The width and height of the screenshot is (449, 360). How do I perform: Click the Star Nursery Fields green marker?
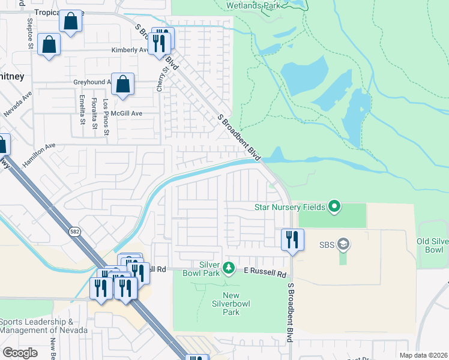click(334, 208)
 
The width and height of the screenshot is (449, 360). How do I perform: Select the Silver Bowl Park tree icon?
click(228, 267)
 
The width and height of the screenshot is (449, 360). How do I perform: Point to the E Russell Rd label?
click(265, 273)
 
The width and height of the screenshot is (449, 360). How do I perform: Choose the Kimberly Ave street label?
click(129, 50)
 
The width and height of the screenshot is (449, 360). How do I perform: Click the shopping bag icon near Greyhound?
click(122, 85)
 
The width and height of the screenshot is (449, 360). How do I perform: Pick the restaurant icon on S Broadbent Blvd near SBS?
click(292, 239)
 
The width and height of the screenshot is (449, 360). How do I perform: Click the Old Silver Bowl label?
click(433, 245)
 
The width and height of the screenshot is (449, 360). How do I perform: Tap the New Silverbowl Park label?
click(231, 304)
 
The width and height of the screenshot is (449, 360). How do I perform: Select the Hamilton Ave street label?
click(39, 154)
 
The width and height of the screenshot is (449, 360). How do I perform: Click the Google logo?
click(20, 353)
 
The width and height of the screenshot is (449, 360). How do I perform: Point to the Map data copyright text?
click(424, 355)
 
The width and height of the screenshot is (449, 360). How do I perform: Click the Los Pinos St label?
click(106, 113)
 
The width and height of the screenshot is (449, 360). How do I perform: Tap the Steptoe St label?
click(30, 33)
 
